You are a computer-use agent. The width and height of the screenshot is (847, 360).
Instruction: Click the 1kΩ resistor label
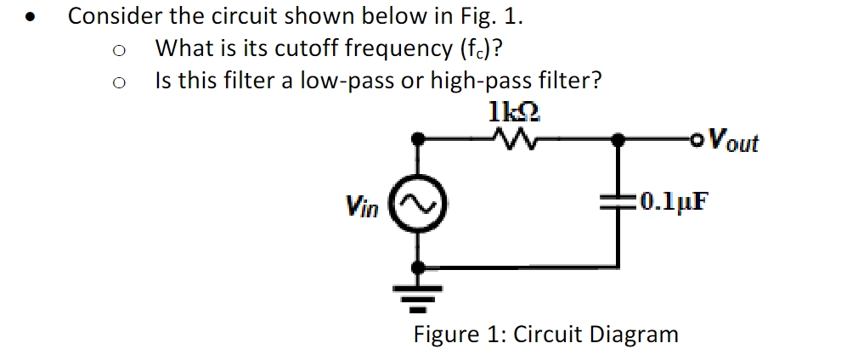coord(514,111)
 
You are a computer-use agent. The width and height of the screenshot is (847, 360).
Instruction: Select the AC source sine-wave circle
coord(418,204)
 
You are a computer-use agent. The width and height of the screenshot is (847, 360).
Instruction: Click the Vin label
coord(361,205)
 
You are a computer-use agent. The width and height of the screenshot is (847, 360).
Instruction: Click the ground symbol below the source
coord(418,294)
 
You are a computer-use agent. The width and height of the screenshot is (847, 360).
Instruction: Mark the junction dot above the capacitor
coord(621,138)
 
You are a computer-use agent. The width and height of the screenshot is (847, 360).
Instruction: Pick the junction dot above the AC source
coord(418,138)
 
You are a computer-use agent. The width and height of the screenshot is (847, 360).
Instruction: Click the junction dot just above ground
coord(418,267)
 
